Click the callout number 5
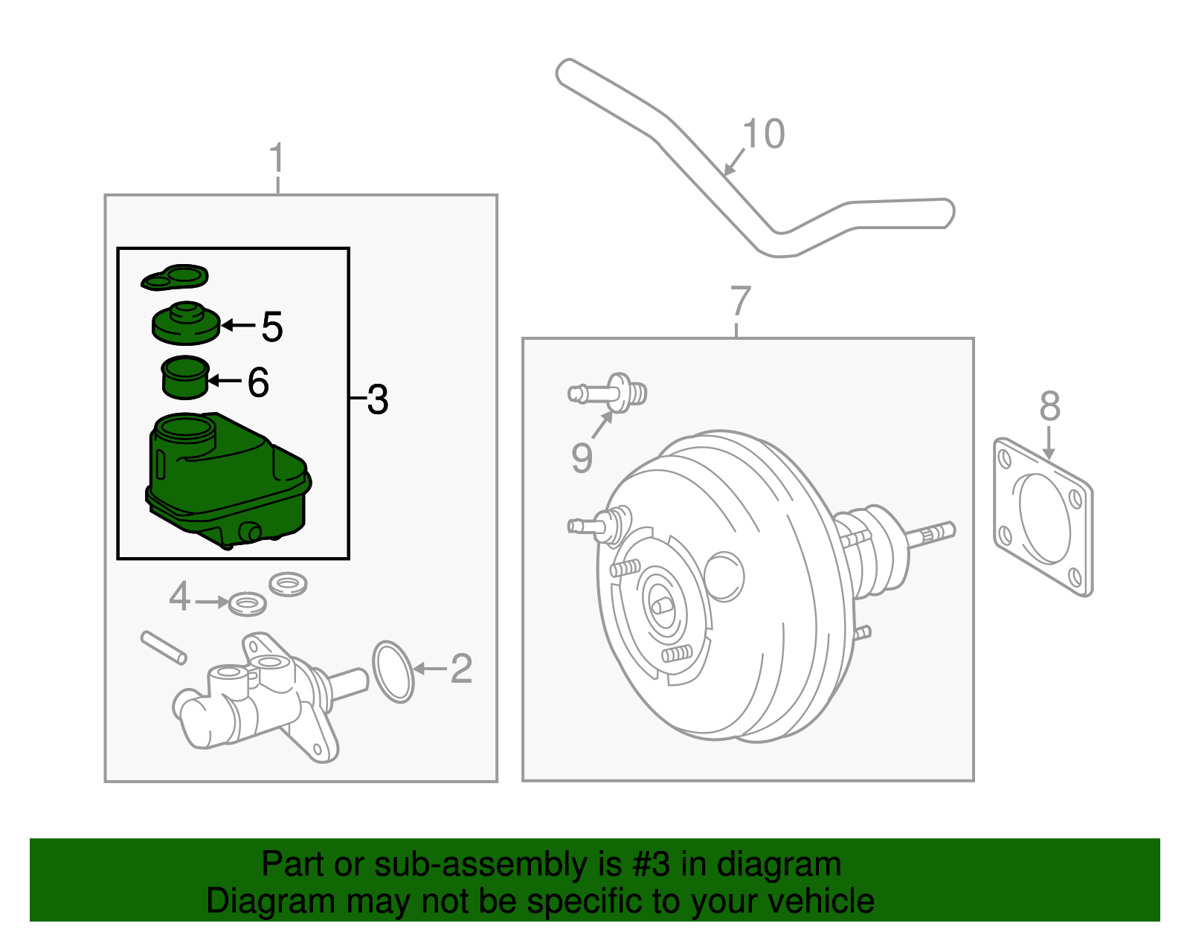point(272,327)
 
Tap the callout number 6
point(257,383)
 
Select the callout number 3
point(378,400)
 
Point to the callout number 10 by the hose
point(764,135)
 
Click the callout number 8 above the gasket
point(1049,407)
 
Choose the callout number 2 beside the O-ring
point(461,669)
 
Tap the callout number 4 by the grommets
point(179,597)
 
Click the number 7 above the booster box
point(740,301)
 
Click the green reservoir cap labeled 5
point(186,324)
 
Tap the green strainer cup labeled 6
point(185,378)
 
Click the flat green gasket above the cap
point(176,277)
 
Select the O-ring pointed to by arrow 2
point(393,672)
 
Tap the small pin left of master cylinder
point(163,647)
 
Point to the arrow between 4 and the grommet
point(212,601)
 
